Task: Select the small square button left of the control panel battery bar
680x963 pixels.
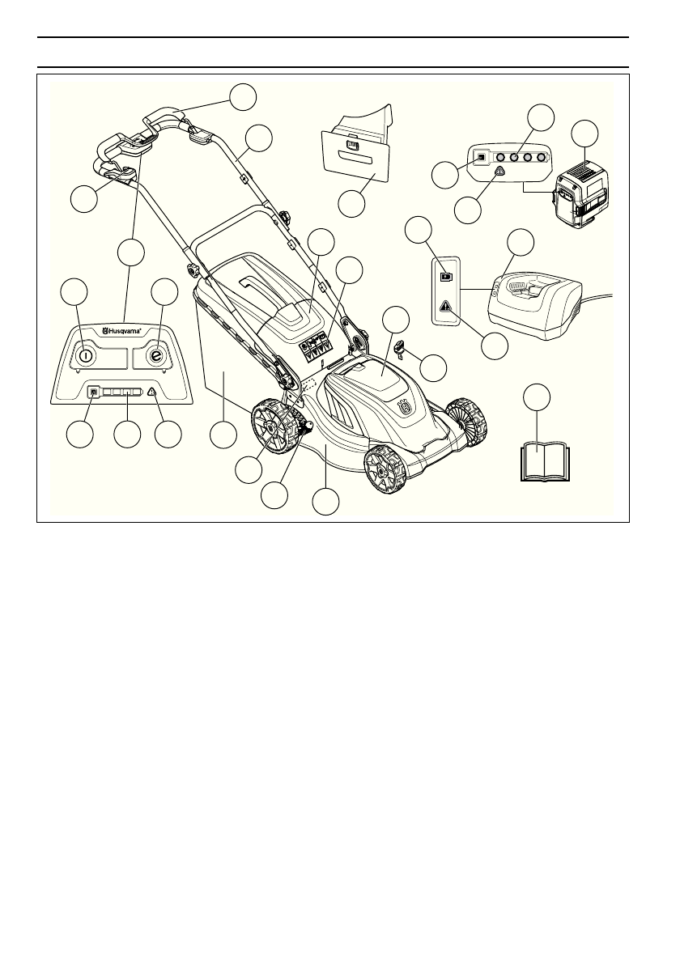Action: click(93, 392)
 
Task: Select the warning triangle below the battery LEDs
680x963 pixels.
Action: click(500, 172)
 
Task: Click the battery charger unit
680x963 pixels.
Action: click(538, 304)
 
